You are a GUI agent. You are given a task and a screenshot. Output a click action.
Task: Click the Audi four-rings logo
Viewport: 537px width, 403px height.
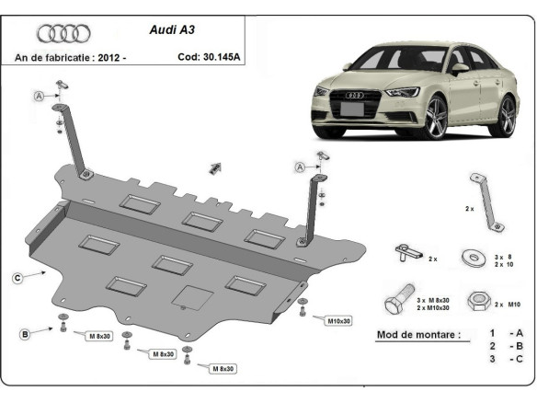coord(63,34)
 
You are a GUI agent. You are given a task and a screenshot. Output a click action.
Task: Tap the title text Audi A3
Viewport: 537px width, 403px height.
coord(172,29)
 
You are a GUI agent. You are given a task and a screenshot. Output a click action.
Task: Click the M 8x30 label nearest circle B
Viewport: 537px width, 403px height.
coord(100,337)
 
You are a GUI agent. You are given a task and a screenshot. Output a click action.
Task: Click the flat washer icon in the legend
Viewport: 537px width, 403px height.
coord(474,255)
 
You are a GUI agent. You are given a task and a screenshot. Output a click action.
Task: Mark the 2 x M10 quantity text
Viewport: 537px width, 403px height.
coord(507,303)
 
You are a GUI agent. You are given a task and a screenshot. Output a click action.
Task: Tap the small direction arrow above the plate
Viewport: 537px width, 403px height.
coord(217,167)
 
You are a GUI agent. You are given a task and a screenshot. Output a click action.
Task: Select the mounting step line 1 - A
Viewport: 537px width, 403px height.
coord(506,333)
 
